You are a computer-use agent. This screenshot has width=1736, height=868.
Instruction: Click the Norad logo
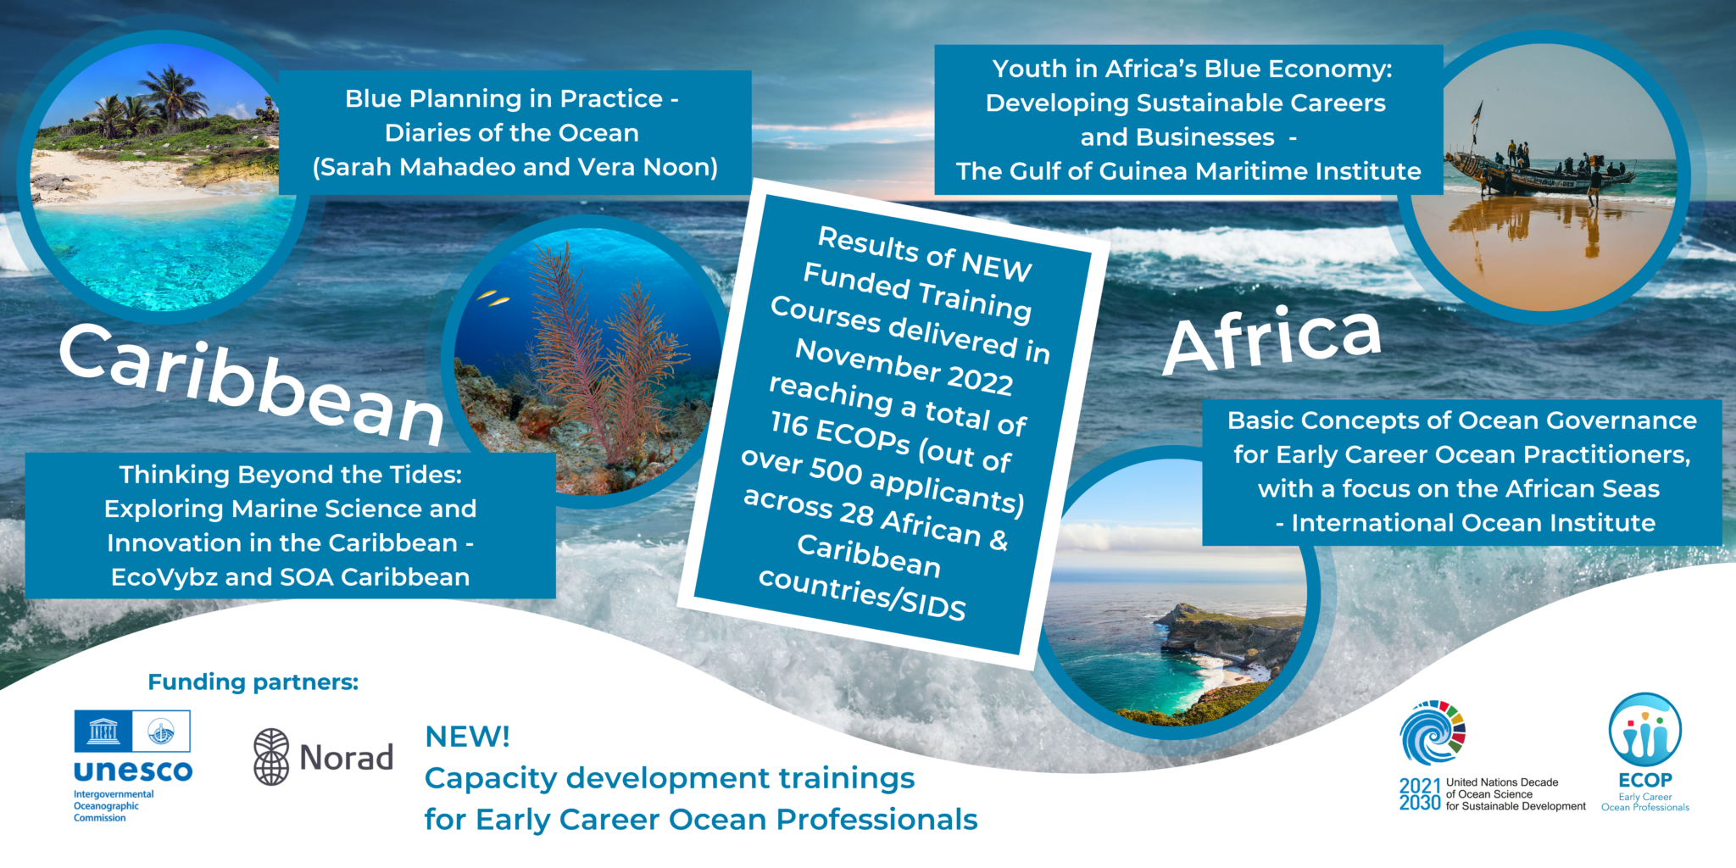click(324, 757)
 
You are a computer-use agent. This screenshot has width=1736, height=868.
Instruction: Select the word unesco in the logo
click(133, 771)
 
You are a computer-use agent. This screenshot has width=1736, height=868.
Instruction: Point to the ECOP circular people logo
click(1644, 731)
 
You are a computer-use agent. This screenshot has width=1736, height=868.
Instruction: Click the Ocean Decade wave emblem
click(1432, 733)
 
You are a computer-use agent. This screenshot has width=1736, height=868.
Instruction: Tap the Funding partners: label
click(253, 682)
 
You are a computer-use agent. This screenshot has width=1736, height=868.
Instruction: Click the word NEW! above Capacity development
click(467, 737)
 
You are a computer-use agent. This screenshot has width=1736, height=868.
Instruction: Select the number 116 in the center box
click(789, 423)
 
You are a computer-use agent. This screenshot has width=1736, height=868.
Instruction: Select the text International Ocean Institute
click(1473, 523)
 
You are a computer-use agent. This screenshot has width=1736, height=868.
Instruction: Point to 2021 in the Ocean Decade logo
click(1420, 786)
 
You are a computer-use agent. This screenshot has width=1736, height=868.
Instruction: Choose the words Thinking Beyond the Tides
click(290, 475)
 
